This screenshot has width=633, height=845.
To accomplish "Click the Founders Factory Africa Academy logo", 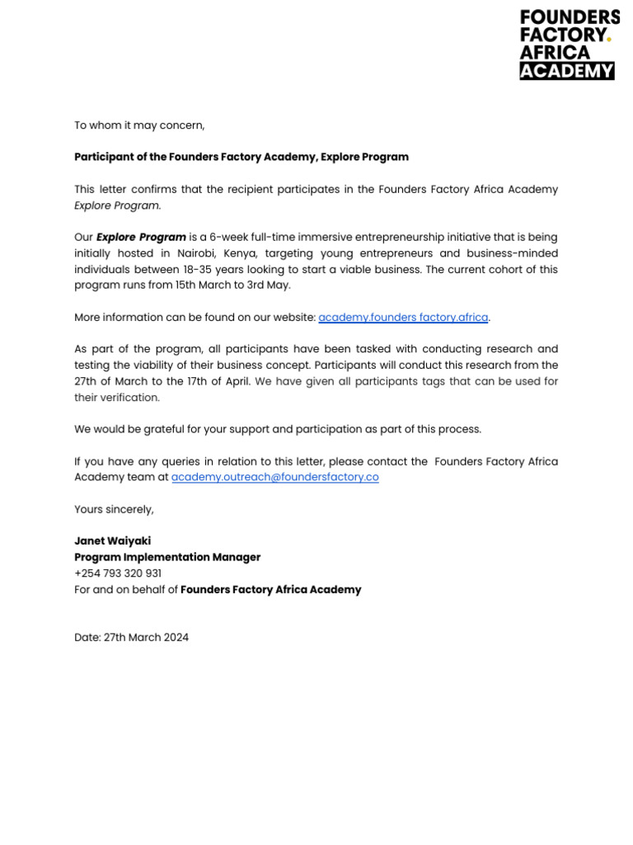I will (569, 45).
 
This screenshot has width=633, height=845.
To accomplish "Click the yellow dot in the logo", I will (609, 38).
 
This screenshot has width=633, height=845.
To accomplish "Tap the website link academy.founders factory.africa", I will (403, 318).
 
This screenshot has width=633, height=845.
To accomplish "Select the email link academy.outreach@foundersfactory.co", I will (274, 477).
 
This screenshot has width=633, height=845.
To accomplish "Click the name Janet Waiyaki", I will (112, 541).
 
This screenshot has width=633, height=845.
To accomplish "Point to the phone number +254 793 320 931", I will (118, 574).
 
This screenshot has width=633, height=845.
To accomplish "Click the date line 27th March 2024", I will (131, 637).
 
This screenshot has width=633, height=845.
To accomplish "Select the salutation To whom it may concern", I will (139, 125).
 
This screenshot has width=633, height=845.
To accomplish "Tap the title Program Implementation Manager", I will (167, 557).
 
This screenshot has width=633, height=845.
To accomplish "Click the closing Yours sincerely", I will (114, 509).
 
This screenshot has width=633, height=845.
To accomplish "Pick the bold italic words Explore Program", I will (141, 238).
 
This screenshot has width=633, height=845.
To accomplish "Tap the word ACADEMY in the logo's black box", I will (567, 71).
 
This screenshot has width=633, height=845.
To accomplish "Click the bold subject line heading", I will (241, 157).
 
